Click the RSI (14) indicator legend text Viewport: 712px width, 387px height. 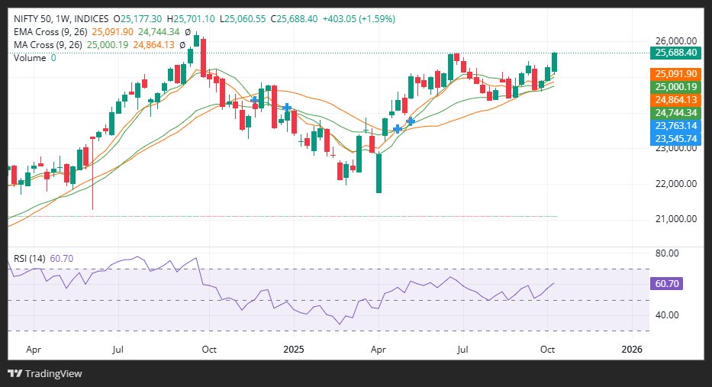point(27,259)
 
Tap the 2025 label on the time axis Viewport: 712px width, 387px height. point(294,349)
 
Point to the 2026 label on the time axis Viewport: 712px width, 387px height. point(631,349)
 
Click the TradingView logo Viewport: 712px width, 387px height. point(45,373)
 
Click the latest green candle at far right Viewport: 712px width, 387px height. point(555,63)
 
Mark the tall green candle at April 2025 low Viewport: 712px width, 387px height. point(379,173)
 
